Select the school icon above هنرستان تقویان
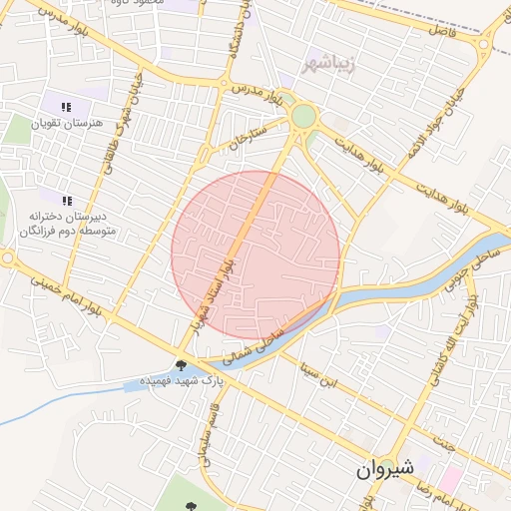66,107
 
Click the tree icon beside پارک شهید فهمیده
181,364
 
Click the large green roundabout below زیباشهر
302,117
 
